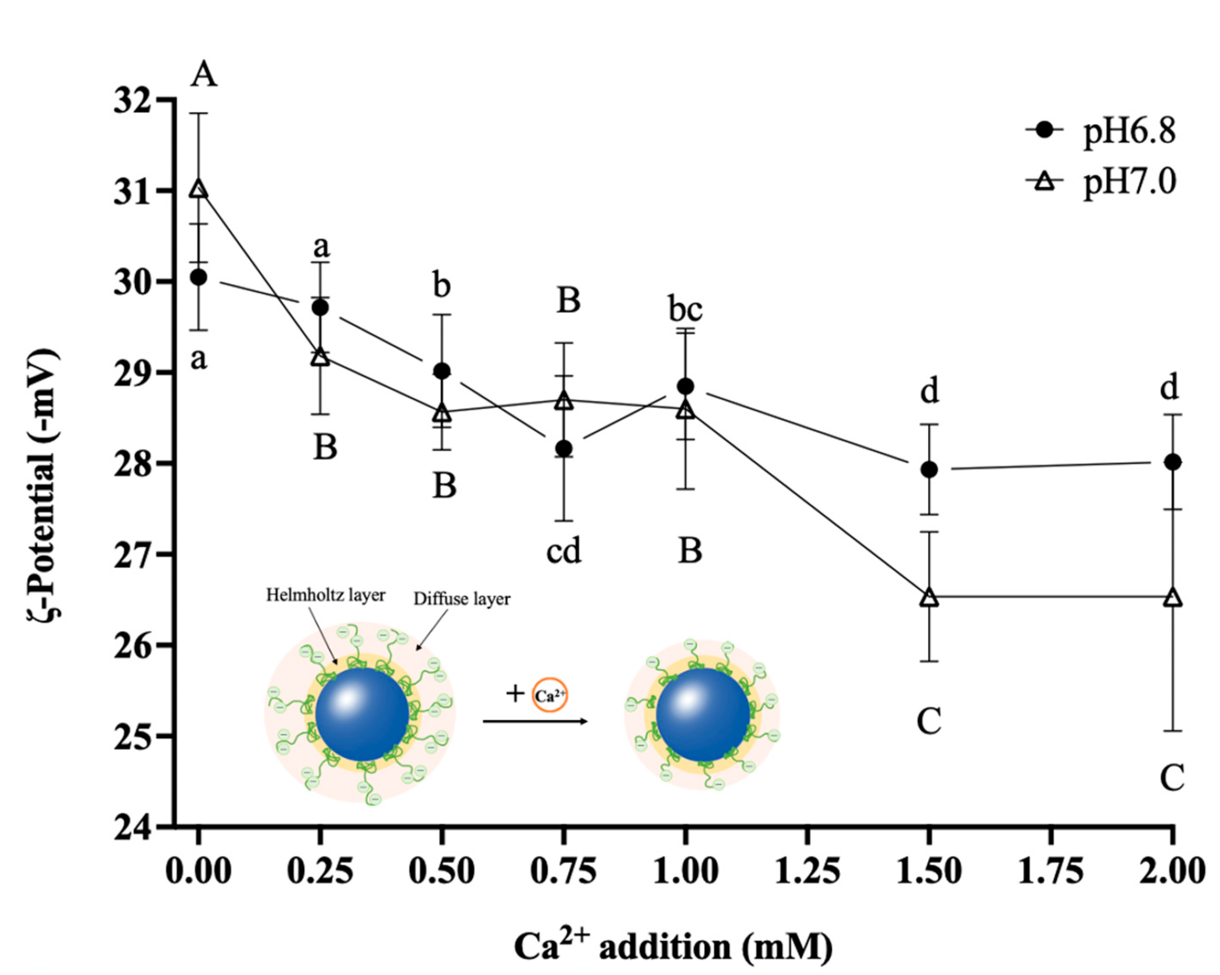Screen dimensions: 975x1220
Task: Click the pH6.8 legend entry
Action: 1129,131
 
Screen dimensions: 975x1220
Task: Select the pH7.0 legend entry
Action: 1129,182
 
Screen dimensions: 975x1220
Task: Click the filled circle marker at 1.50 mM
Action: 929,469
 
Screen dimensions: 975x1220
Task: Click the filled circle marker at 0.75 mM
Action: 564,449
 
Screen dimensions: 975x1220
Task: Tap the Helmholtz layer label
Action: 326,595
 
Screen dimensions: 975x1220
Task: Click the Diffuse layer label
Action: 462,599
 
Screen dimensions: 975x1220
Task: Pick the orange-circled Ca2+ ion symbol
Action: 549,695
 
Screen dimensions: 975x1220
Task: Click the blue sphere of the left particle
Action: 362,714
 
